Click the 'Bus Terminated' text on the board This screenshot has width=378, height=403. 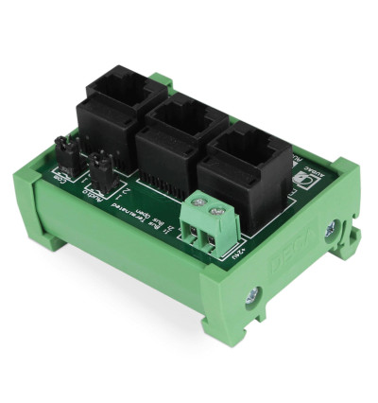coord(127,207)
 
